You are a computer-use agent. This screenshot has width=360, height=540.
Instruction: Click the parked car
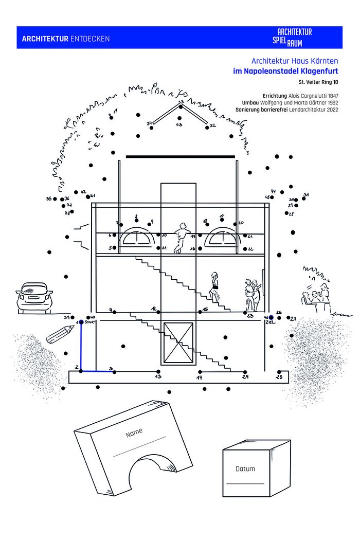click(35, 298)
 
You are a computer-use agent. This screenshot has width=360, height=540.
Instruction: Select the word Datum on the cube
click(245, 469)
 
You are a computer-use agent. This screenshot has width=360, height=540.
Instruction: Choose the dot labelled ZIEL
click(271, 317)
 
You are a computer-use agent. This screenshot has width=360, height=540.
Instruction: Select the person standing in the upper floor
click(180, 238)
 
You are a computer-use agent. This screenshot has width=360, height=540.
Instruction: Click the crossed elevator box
click(177, 343)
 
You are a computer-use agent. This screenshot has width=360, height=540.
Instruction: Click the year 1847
click(331, 96)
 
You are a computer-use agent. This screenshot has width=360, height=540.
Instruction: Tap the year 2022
click(331, 110)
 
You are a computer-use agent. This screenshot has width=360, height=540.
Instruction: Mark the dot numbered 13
click(158, 371)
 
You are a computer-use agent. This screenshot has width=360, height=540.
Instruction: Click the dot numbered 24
click(245, 371)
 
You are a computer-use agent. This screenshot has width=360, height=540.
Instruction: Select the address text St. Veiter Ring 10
click(318, 82)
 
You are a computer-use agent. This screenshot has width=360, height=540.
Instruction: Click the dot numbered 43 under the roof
click(179, 118)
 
